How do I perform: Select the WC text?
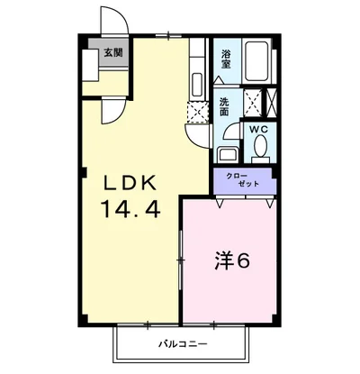point(259,129)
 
